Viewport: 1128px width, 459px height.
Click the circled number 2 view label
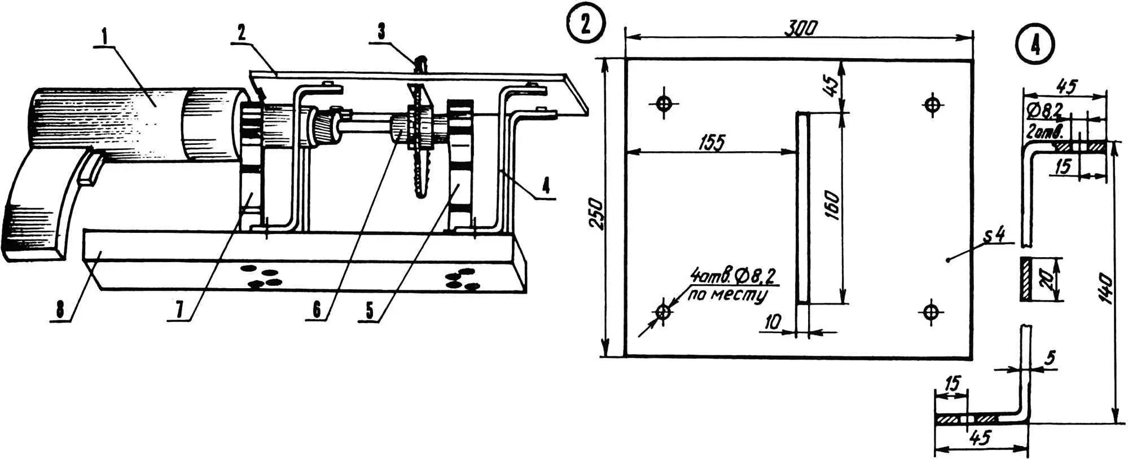585,25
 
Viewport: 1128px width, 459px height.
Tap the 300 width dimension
801,28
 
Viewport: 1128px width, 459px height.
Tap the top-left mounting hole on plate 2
664,104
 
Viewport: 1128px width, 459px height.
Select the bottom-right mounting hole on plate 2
932,311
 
